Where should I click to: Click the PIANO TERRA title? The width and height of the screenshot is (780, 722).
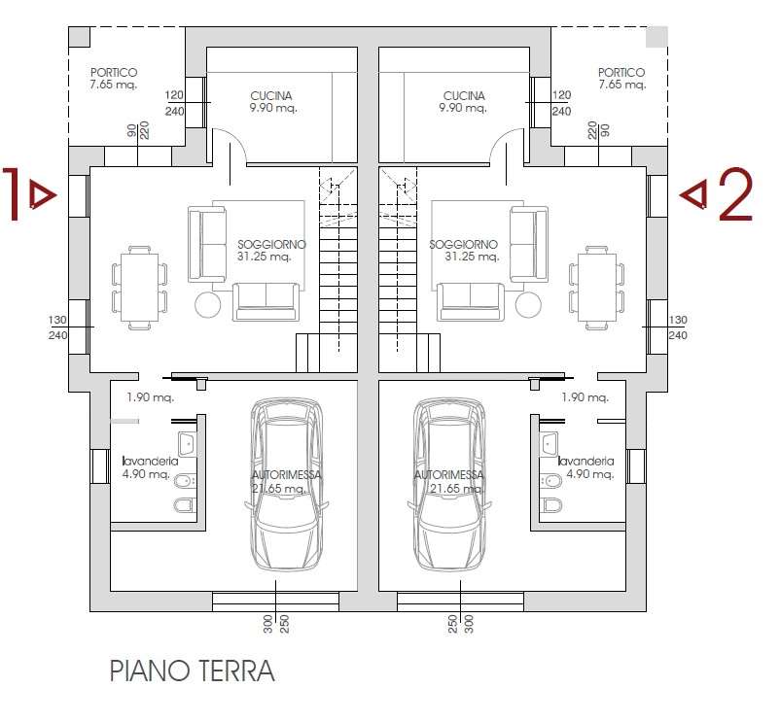point(192,670)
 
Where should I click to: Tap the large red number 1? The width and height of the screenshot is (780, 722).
point(12,193)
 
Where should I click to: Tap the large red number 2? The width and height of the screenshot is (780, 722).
point(734,194)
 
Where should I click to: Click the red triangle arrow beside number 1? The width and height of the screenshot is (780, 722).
point(43,194)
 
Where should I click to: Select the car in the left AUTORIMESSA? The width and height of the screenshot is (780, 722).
point(286,485)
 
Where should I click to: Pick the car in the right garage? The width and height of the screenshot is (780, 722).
point(449,485)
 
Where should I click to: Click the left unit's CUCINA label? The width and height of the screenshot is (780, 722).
point(272,102)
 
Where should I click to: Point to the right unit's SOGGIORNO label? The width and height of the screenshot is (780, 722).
point(464,251)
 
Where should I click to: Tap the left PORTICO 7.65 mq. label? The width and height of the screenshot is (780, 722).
point(114,79)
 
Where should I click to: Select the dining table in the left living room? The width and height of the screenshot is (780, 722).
point(140,288)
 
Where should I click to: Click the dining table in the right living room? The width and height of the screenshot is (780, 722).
point(597,288)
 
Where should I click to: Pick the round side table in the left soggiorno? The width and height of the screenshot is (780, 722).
point(207,304)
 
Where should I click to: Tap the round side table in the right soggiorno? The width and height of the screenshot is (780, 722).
point(528,304)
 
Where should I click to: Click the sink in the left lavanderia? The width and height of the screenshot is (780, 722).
point(187,444)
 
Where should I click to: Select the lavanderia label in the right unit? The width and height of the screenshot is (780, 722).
point(586,462)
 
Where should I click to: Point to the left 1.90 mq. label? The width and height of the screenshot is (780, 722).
point(150,397)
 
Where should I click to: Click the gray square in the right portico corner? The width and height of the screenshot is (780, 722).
point(656,37)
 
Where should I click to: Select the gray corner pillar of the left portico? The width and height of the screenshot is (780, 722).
point(79,37)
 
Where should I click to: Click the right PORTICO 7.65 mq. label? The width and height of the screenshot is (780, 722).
point(621,79)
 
